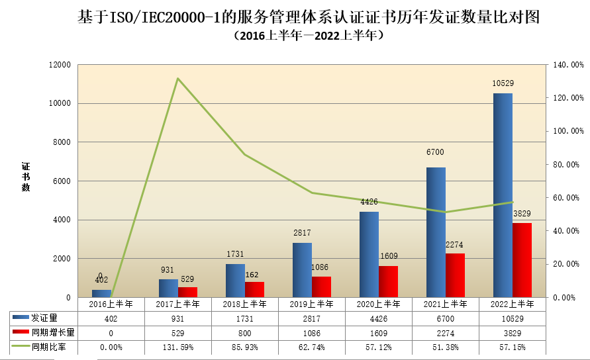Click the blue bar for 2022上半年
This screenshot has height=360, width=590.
(503, 195)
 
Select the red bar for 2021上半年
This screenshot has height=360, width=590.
(455, 275)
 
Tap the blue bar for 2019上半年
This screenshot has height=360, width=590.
(302, 270)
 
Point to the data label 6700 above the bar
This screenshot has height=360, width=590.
(435, 152)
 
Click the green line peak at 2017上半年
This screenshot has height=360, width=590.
(177, 79)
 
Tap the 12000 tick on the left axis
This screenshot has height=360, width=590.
(60, 65)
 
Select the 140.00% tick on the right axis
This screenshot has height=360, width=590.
(567, 65)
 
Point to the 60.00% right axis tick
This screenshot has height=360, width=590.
(567, 198)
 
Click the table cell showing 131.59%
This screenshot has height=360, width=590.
(177, 347)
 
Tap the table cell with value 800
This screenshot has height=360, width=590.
(244, 332)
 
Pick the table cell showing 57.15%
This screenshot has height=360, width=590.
(512, 347)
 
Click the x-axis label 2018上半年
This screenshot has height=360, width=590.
(244, 304)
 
